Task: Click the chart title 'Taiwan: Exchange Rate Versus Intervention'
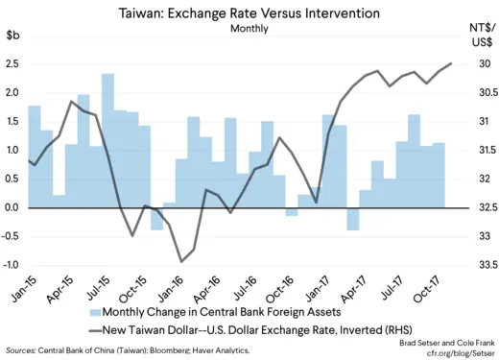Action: [x=249, y=13]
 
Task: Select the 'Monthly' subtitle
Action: [x=249, y=29]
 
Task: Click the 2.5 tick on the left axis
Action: [x=13, y=64]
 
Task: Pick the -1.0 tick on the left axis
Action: [x=12, y=265]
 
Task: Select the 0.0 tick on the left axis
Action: [x=13, y=207]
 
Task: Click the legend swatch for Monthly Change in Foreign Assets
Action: [x=95, y=312]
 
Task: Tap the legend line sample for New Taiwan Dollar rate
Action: [x=95, y=329]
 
